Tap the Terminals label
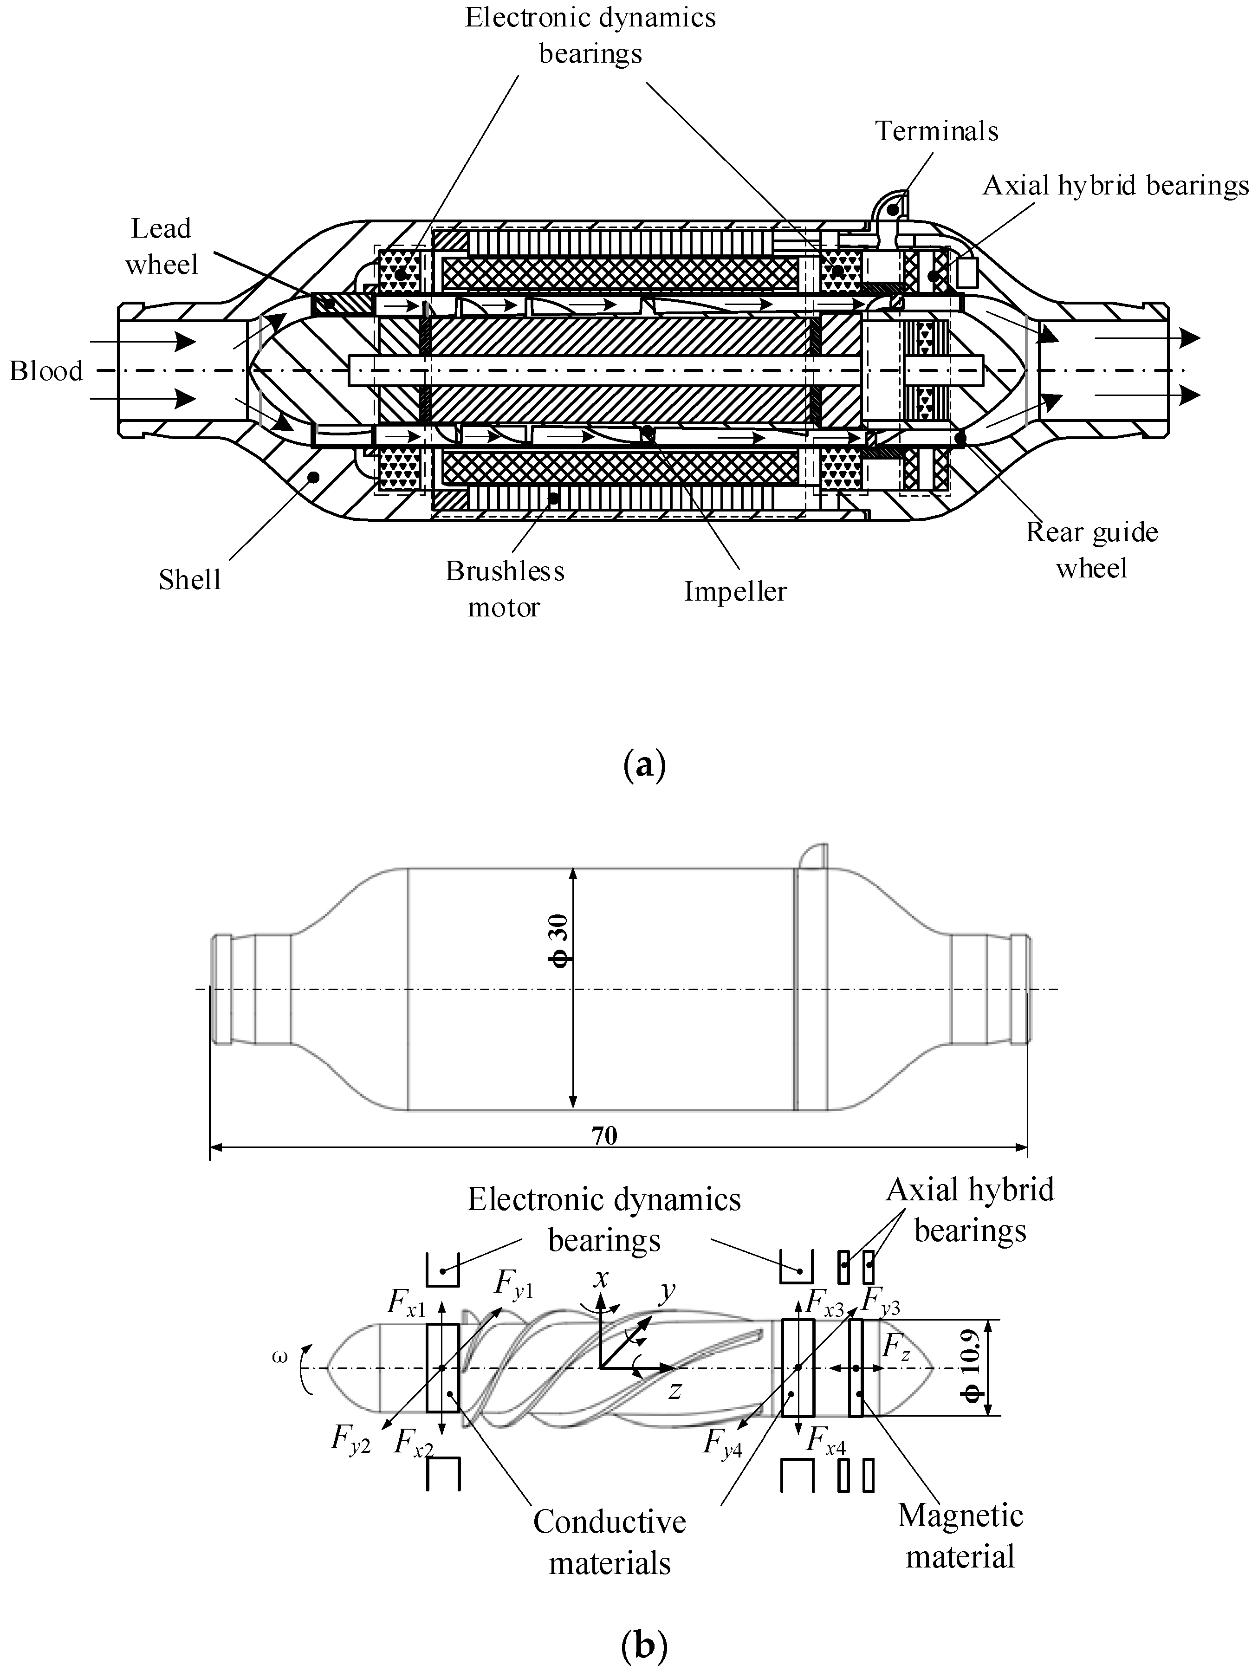point(936,131)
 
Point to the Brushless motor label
point(505,589)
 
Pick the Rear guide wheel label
point(1091,550)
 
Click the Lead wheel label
point(161,246)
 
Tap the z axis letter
point(674,1392)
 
